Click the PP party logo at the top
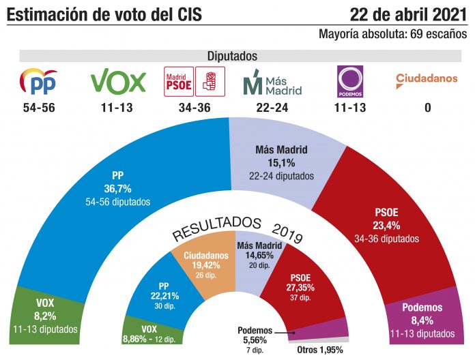click(38, 82)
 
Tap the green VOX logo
click(118, 82)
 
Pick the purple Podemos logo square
click(350, 82)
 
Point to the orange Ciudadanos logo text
click(427, 78)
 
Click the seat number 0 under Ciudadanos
click(428, 108)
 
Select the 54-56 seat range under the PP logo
click(38, 108)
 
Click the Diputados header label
click(232, 57)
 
